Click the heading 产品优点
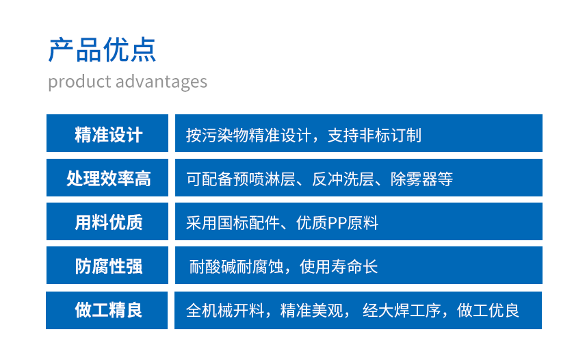tap(102, 50)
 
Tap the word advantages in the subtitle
tap(161, 82)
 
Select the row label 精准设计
tap(109, 134)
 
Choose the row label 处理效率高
tap(109, 179)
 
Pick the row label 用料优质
tap(109, 222)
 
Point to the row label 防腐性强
tap(109, 266)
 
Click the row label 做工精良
tap(109, 310)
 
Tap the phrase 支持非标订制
tap(375, 135)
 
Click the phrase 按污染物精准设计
tap(248, 135)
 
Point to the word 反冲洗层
tap(343, 179)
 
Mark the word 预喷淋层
tap(265, 179)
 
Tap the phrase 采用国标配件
tap(233, 223)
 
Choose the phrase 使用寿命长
tap(339, 267)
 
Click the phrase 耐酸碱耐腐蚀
tap(236, 267)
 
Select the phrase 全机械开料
tap(225, 311)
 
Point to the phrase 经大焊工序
tap(402, 311)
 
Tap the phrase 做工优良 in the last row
tap(488, 311)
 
